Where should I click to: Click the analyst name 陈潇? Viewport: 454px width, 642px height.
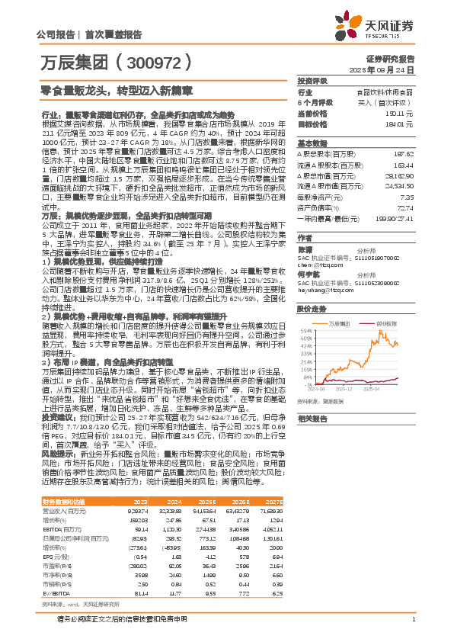[x=305, y=249]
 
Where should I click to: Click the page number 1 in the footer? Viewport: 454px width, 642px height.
[x=412, y=620]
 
